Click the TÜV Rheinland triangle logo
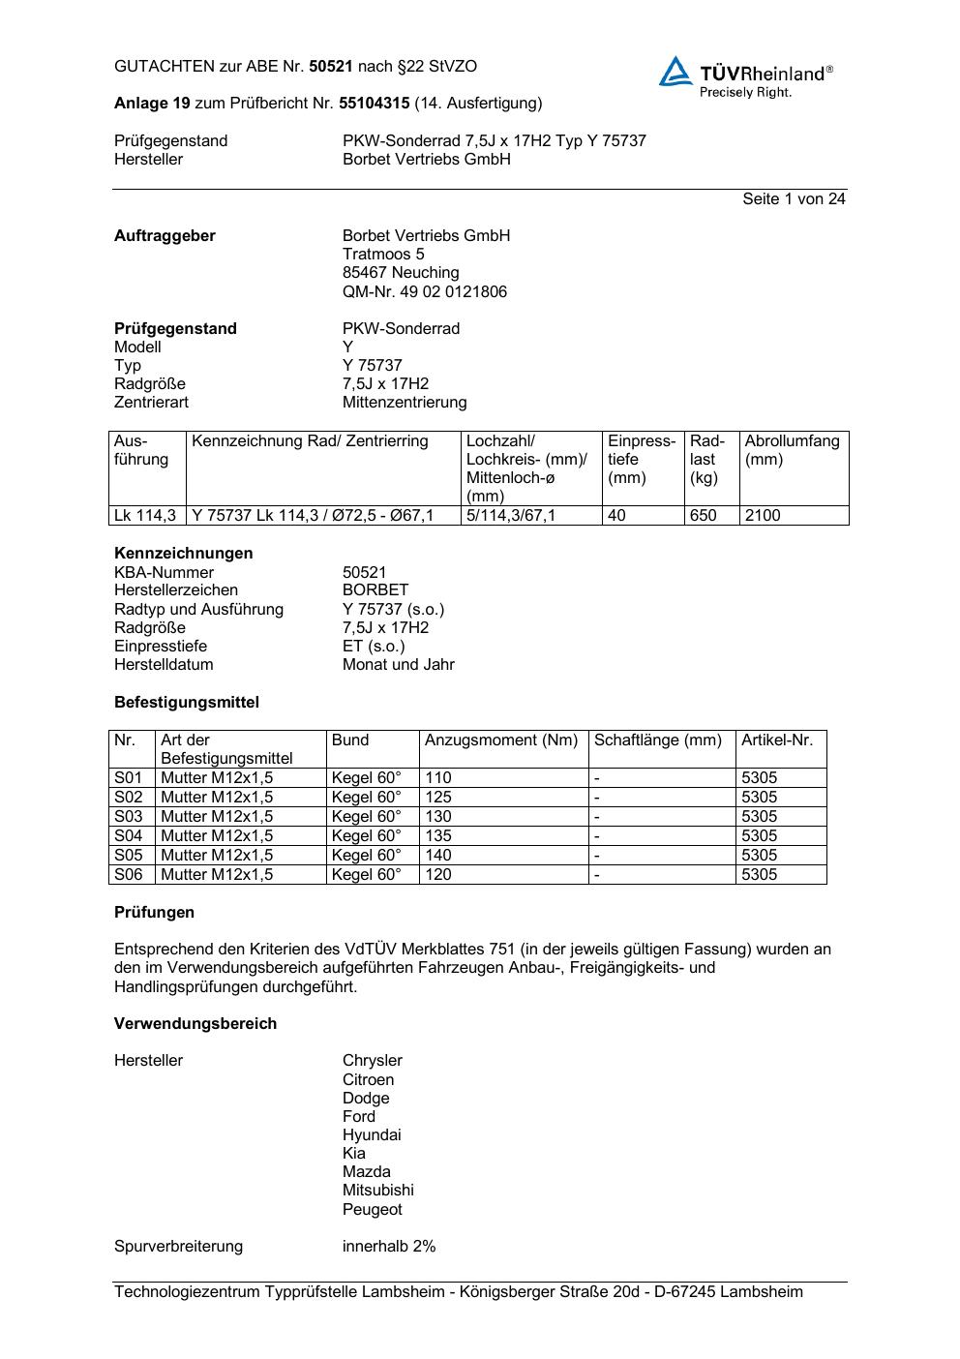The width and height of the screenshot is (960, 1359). point(675,73)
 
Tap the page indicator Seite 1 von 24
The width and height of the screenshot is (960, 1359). point(794,198)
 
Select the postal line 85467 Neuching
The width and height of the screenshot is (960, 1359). point(401,273)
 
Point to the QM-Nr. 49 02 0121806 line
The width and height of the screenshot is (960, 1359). point(424,291)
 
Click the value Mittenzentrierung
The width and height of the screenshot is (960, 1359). point(405,402)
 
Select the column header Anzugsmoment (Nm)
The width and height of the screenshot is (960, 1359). point(501,740)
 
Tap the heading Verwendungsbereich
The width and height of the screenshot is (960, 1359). point(195,1023)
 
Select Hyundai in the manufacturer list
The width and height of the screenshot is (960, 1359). point(372,1134)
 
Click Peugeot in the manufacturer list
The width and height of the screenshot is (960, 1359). point(372,1209)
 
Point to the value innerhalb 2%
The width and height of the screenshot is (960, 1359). point(389,1246)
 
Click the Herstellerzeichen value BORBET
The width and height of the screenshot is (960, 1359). point(375,589)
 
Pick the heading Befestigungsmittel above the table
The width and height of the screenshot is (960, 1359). point(187,702)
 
